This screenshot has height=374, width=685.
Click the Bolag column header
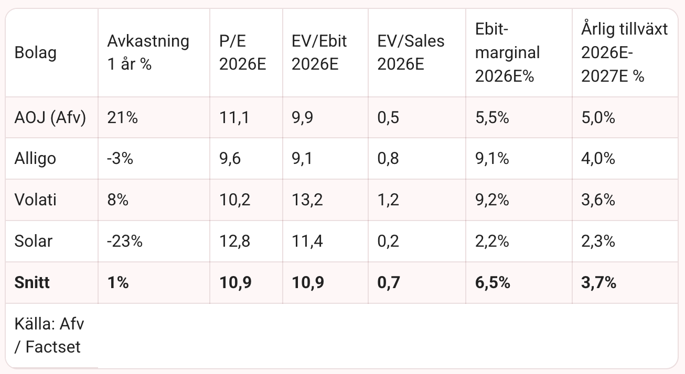click(36, 53)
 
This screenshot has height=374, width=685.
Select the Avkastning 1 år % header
click(148, 52)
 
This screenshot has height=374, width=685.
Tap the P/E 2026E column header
click(242, 52)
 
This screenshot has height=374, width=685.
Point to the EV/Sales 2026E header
click(411, 52)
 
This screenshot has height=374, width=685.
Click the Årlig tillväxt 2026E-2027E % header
click(624, 52)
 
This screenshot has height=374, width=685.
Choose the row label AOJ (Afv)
click(50, 117)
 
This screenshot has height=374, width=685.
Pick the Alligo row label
click(35, 159)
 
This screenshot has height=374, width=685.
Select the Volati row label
click(36, 200)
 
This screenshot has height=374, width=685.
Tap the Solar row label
click(34, 241)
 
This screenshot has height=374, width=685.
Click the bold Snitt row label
click(32, 282)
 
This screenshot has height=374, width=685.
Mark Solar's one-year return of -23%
click(125, 241)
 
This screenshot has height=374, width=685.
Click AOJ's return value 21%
click(122, 117)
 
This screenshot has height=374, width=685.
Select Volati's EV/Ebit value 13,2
click(307, 200)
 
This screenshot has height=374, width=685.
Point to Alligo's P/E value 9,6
click(230, 159)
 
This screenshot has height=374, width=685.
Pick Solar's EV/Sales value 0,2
click(388, 241)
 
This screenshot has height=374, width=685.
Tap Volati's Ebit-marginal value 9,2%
click(492, 200)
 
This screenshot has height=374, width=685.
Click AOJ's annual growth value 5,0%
click(598, 117)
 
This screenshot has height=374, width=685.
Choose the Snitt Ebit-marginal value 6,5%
click(493, 282)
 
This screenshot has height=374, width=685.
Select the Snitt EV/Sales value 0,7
click(389, 282)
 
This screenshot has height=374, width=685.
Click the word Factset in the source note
click(53, 347)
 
